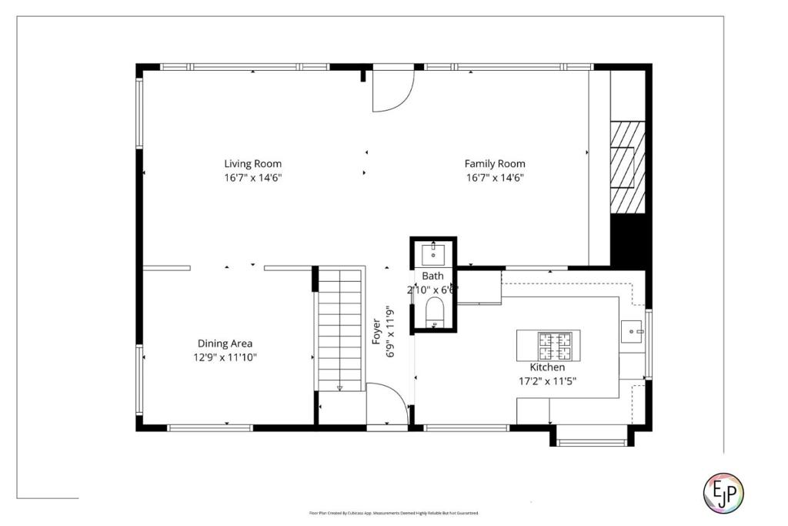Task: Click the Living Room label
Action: [252, 163]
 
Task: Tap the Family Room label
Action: [495, 163]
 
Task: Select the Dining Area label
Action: [225, 343]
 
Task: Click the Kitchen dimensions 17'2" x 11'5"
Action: [548, 380]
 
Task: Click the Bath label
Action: [432, 276]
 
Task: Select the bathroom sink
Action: [433, 252]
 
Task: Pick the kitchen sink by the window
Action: [634, 332]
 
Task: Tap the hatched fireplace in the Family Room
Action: [627, 166]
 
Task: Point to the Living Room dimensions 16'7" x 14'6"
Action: [252, 178]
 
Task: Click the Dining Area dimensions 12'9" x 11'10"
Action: [225, 357]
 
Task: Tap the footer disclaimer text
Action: [393, 513]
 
